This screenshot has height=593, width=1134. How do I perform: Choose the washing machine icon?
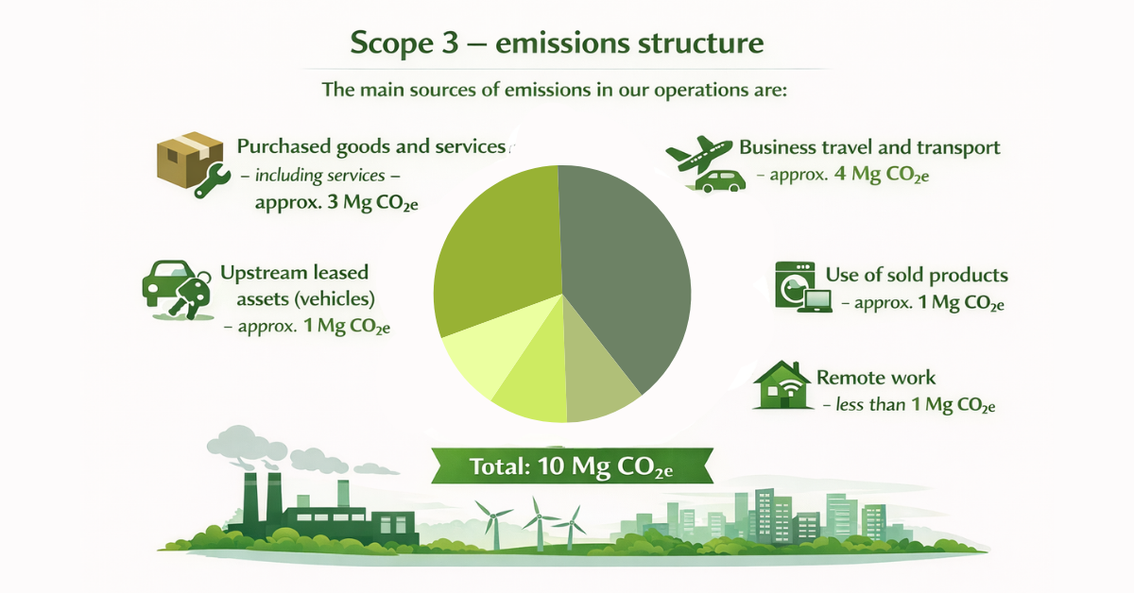(792, 283)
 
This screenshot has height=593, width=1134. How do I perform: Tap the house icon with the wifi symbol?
(781, 386)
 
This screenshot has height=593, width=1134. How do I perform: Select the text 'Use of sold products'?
(917, 276)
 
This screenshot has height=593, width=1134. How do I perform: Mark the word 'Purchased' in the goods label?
(283, 147)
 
